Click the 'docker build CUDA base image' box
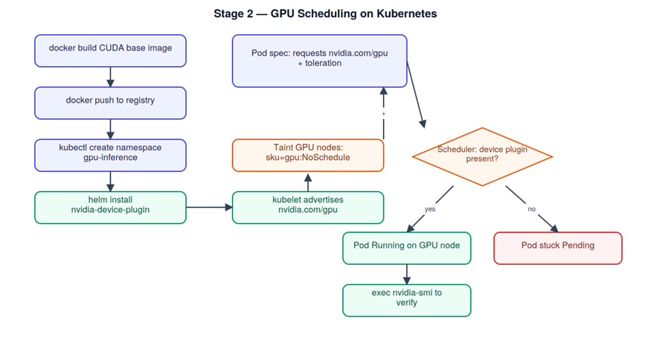click(110, 51)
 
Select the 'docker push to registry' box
click(110, 103)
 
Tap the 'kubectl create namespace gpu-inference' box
click(110, 155)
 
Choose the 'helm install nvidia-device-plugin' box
click(110, 208)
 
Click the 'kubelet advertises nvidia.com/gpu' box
click(308, 208)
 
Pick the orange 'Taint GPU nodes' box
click(308, 155)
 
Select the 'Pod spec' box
click(320, 61)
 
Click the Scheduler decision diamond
click(482, 156)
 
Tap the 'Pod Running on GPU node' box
click(407, 248)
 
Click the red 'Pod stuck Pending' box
click(558, 248)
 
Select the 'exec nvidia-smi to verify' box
click(407, 300)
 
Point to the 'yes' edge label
click(430, 209)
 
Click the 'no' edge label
click(531, 209)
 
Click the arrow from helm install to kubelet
click(209, 208)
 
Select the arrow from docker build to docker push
click(110, 77)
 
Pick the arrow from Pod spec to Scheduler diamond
click(416, 94)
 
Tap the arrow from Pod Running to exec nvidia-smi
click(407, 274)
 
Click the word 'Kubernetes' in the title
click(407, 13)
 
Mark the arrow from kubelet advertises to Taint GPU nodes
click(308, 182)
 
